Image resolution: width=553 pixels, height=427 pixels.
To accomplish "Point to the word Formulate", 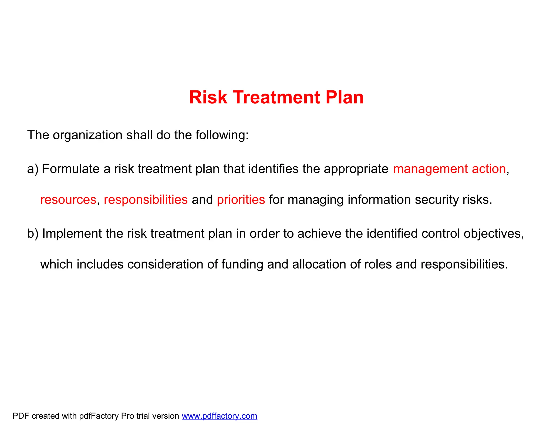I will coord(71,169).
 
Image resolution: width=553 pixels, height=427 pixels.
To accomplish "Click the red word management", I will coord(430,169).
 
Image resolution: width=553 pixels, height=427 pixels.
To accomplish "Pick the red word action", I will coord(489,169).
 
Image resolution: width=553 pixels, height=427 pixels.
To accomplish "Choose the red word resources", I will coord(68,200).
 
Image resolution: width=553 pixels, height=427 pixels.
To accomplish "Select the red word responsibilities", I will coord(146,200).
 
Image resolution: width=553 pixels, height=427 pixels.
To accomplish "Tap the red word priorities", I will coord(241,200).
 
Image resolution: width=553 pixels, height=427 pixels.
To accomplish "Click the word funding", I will coord(242,264).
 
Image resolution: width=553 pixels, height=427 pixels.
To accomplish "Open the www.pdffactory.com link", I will coord(219,416).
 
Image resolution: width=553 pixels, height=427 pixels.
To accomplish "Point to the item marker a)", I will coord(33,169).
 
